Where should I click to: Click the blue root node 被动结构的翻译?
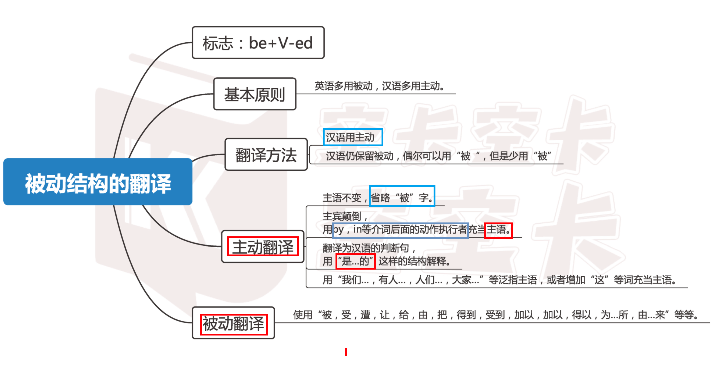[98, 182]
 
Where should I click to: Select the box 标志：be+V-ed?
[258, 43]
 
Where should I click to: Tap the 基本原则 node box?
[255, 94]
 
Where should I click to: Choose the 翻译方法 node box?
[266, 155]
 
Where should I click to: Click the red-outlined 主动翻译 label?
[263, 247]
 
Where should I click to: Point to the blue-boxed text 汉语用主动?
[353, 137]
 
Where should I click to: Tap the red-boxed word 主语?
[498, 230]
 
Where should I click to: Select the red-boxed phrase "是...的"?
[355, 261]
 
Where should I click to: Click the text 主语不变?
[342, 198]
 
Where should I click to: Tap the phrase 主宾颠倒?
[342, 216]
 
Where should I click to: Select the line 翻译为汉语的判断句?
[366, 248]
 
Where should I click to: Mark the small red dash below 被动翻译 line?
[346, 352]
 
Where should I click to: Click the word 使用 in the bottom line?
[302, 315]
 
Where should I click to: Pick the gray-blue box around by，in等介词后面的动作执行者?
[400, 230]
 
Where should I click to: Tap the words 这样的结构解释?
[414, 261]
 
